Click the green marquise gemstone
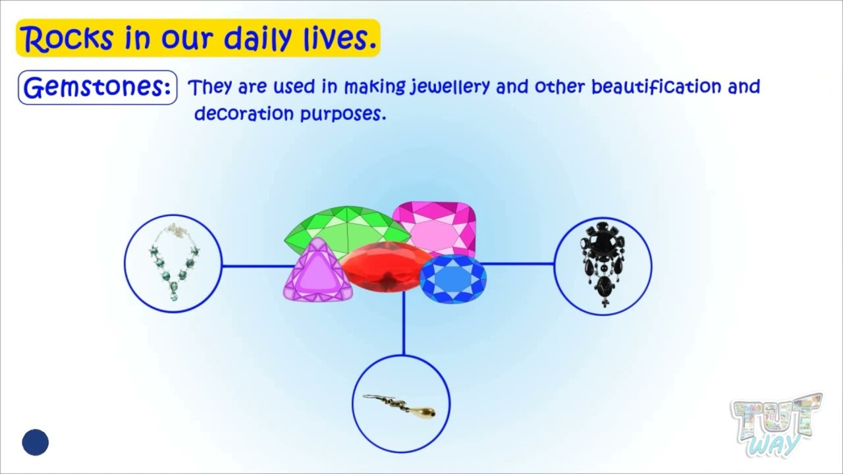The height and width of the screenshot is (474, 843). pos(342,227)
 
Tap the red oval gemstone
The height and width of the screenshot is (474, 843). pos(382,267)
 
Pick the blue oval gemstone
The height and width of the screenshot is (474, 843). pos(452,279)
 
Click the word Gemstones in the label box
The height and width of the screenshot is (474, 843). pos(97,88)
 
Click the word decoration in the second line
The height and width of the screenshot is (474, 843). pos(244,113)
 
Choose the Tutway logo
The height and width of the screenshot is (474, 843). pos(776,425)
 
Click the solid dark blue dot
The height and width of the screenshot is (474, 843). pos(36,442)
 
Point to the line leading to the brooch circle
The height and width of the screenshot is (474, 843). pos(520,263)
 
